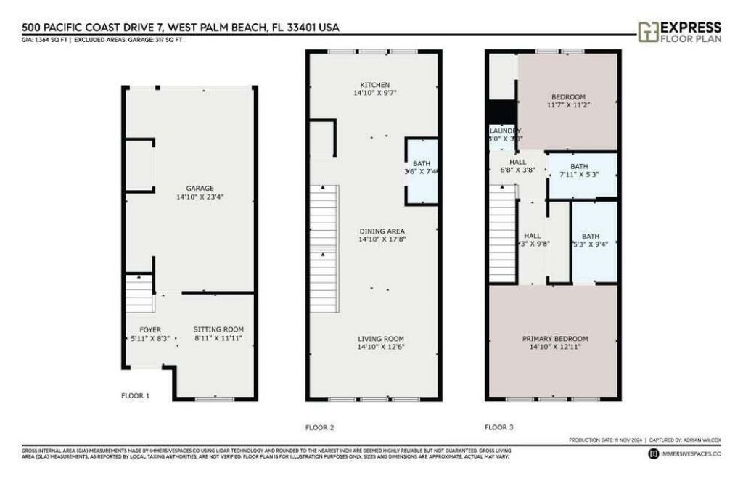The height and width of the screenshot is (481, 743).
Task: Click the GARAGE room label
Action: click(x=190, y=189)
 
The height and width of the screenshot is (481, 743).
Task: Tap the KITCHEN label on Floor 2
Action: click(x=374, y=85)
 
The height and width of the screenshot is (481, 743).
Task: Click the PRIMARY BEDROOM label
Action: click(x=555, y=339)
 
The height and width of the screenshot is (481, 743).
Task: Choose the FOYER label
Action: click(x=149, y=329)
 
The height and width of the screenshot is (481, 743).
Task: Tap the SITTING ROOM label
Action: click(x=218, y=329)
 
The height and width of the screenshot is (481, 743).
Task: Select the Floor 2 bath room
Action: click(x=422, y=168)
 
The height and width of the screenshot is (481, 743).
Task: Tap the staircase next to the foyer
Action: click(x=140, y=293)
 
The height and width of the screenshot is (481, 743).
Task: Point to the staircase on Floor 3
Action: click(x=501, y=234)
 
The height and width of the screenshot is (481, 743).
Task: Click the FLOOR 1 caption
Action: click(x=135, y=396)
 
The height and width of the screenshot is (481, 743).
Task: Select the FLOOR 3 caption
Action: click(x=499, y=427)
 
